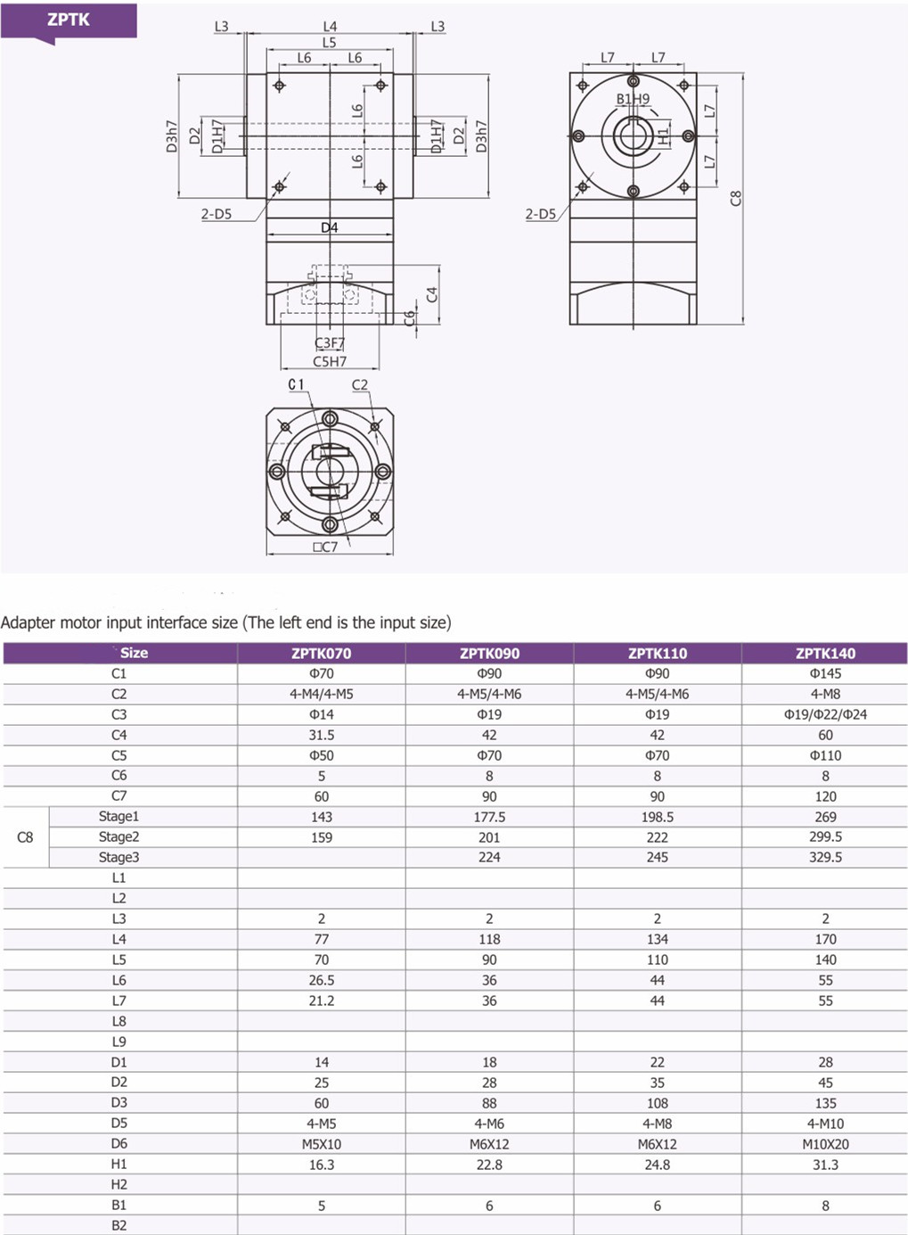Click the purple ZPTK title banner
pos(69,21)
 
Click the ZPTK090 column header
pos(489,654)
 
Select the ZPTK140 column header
pos(825,654)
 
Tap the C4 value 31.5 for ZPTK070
pos(321,735)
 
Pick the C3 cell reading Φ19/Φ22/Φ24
pos(825,714)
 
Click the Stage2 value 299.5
pos(825,837)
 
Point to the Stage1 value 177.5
pos(489,817)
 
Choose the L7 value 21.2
pos(321,1000)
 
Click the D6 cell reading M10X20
pos(825,1143)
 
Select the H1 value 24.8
pos(658,1164)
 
